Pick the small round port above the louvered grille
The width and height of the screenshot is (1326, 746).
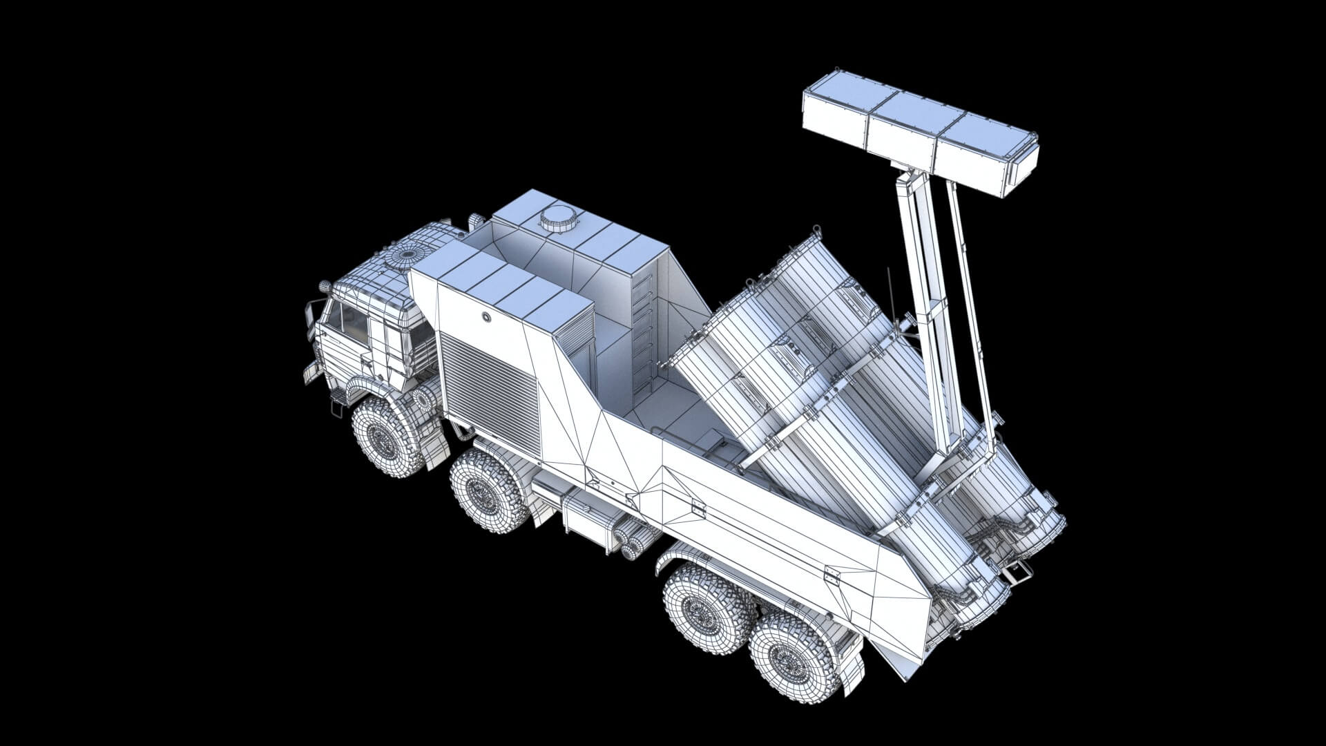(x=488, y=316)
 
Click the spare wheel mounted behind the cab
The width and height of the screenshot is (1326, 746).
(x=423, y=399)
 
